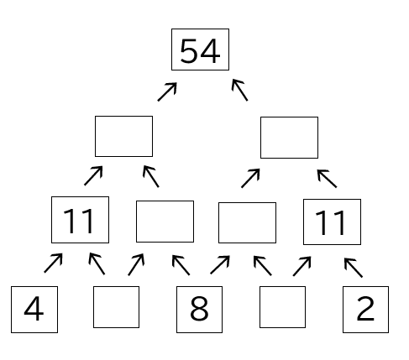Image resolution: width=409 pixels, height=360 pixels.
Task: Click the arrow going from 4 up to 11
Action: pos(53,263)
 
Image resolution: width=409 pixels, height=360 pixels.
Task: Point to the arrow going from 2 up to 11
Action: pos(354,268)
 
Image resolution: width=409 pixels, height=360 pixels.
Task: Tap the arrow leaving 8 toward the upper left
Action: pos(181,265)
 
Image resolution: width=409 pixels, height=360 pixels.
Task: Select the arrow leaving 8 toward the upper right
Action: pos(220,264)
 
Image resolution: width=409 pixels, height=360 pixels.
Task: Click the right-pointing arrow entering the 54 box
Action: pos(167,91)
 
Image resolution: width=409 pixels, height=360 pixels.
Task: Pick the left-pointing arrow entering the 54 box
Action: pos(240,90)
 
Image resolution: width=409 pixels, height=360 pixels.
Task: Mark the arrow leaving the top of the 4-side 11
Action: pos(93,175)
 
